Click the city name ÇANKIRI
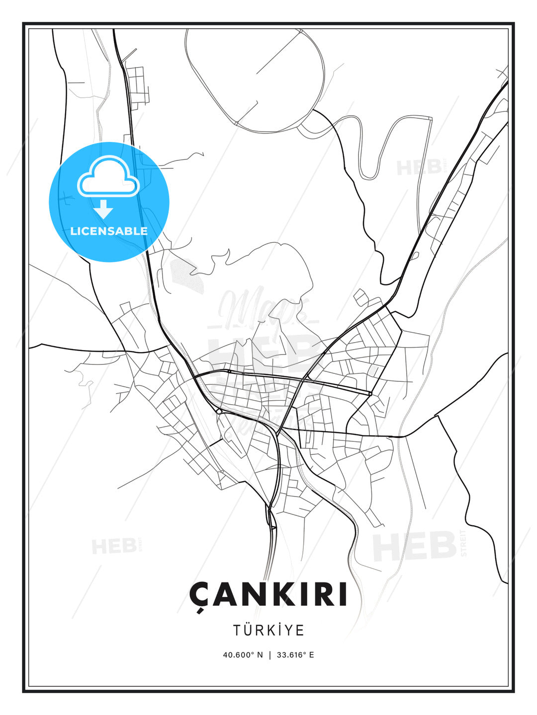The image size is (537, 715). click(x=268, y=594)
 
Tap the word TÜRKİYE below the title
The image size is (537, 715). click(x=268, y=631)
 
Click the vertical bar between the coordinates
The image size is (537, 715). click(x=269, y=655)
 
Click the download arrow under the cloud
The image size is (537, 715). click(x=103, y=209)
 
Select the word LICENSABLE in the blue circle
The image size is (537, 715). click(x=109, y=231)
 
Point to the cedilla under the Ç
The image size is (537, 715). click(x=200, y=610)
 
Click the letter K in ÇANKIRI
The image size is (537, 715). click(x=271, y=594)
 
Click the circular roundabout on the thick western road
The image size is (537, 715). click(x=219, y=411)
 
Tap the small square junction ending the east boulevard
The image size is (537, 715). click(x=370, y=394)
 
